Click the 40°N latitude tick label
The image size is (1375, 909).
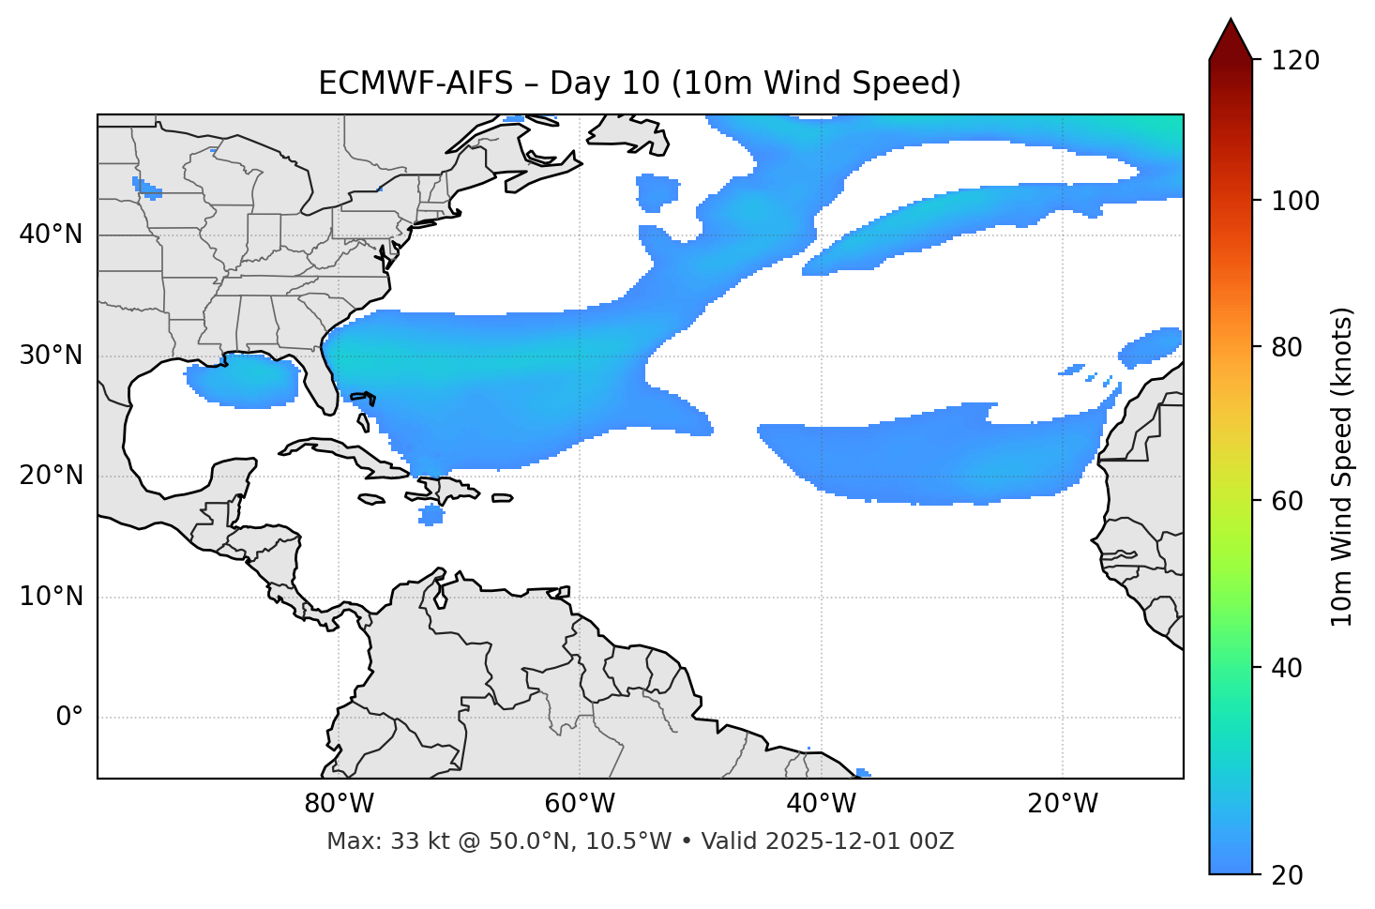[x=51, y=235]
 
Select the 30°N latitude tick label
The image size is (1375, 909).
[x=51, y=356]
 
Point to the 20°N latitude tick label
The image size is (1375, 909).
[x=51, y=477]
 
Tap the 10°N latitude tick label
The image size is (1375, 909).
[x=51, y=597]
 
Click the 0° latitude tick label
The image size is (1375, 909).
[x=69, y=718]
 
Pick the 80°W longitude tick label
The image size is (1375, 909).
[x=339, y=804]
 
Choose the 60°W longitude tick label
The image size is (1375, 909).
[x=580, y=804]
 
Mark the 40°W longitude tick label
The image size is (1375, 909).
[x=822, y=804]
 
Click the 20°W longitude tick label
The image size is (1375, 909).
[x=1063, y=804]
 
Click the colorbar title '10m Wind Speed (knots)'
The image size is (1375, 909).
[x=1342, y=466]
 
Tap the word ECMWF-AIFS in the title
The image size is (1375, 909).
[x=416, y=83]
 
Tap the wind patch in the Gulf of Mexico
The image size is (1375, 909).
[x=242, y=380]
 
